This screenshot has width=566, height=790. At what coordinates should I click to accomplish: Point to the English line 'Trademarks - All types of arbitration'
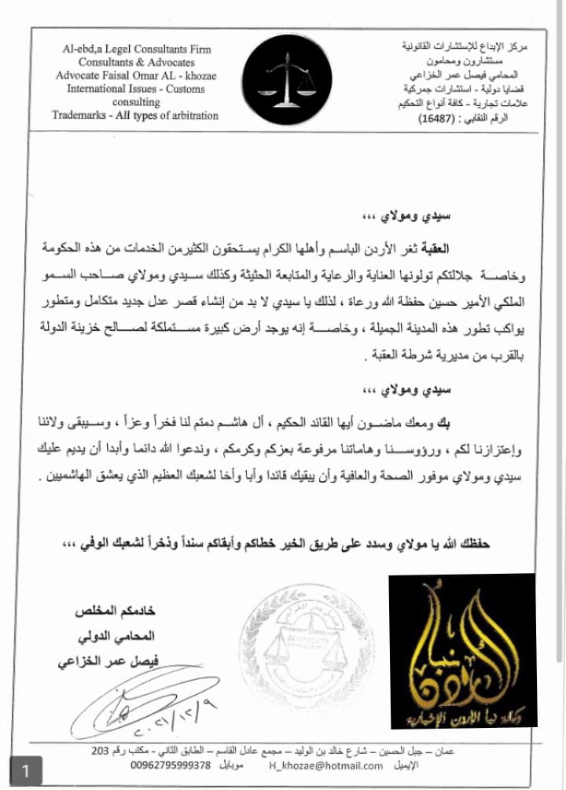pos(136,115)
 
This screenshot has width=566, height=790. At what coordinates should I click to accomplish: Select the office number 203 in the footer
pos(100,751)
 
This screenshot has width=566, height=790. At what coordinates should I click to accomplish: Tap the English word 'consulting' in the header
pos(136,102)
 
